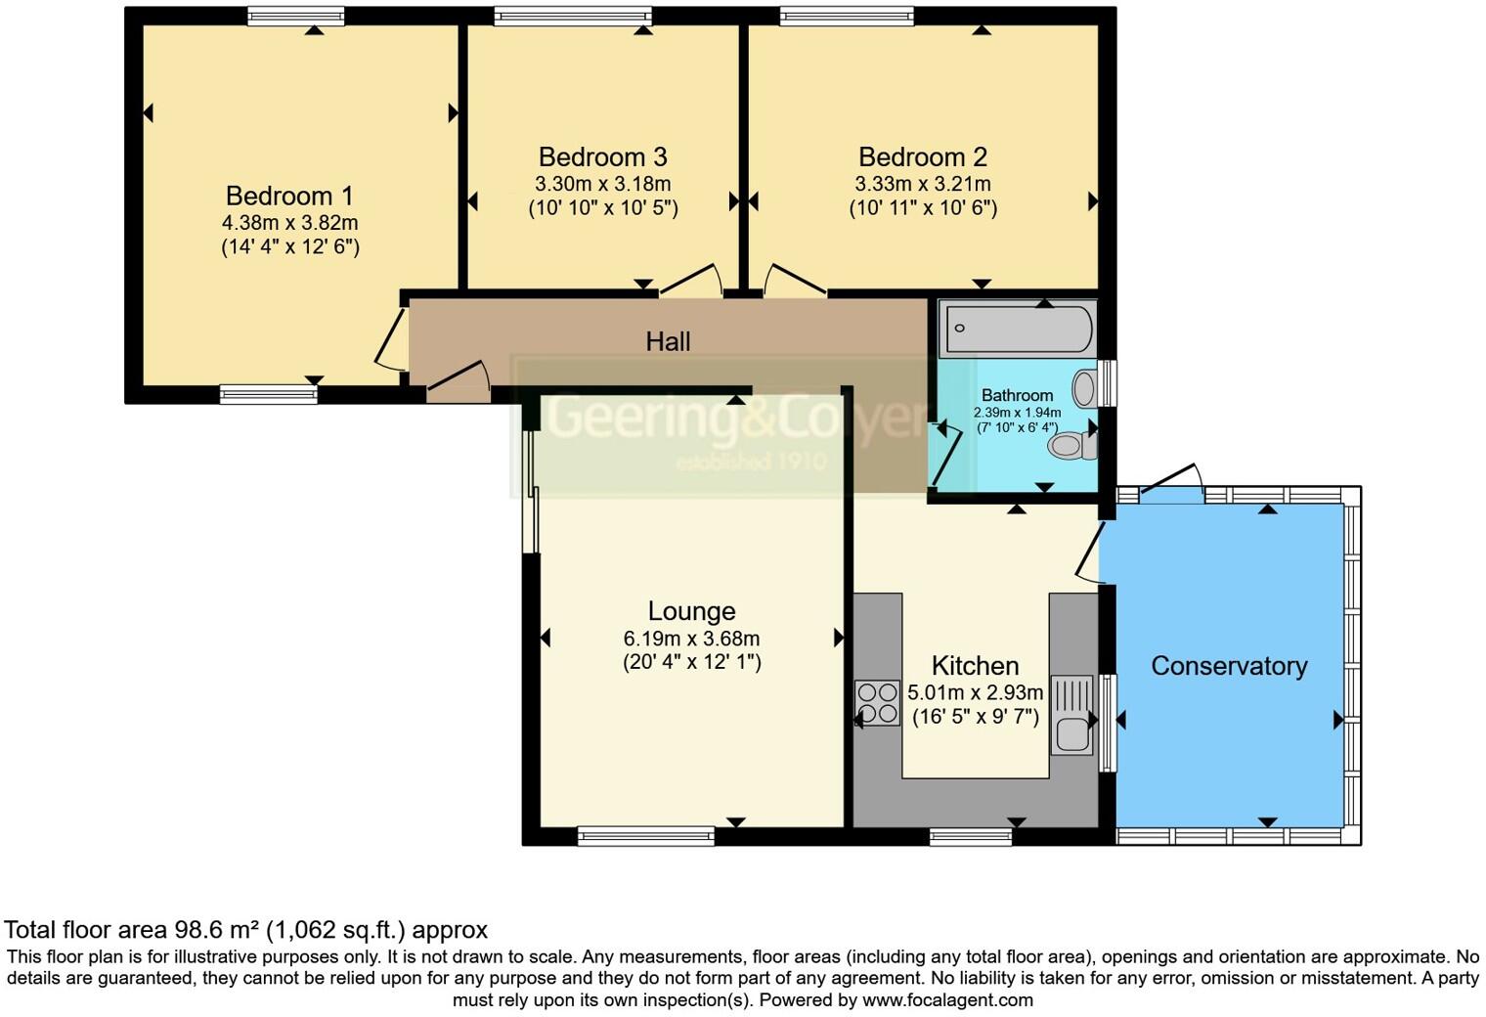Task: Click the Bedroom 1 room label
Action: coord(289,196)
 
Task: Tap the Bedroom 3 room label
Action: coord(602,156)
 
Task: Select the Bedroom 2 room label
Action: coord(922,156)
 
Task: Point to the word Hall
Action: coord(668,341)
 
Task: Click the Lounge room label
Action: coord(691,611)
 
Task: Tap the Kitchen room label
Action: coord(975,666)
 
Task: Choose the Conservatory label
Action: coord(1229,666)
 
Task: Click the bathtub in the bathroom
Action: coord(1016,329)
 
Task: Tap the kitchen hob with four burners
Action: coord(877,702)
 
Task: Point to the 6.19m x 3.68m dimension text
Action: coord(691,639)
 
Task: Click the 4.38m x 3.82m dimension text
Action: coord(289,223)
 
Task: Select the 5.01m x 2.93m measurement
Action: coord(975,692)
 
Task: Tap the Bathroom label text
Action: coord(1017,395)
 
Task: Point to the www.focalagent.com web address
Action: coord(947,999)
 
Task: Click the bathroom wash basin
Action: coord(1084,388)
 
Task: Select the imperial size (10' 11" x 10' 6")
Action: coord(922,207)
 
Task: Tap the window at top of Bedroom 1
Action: coord(295,16)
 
